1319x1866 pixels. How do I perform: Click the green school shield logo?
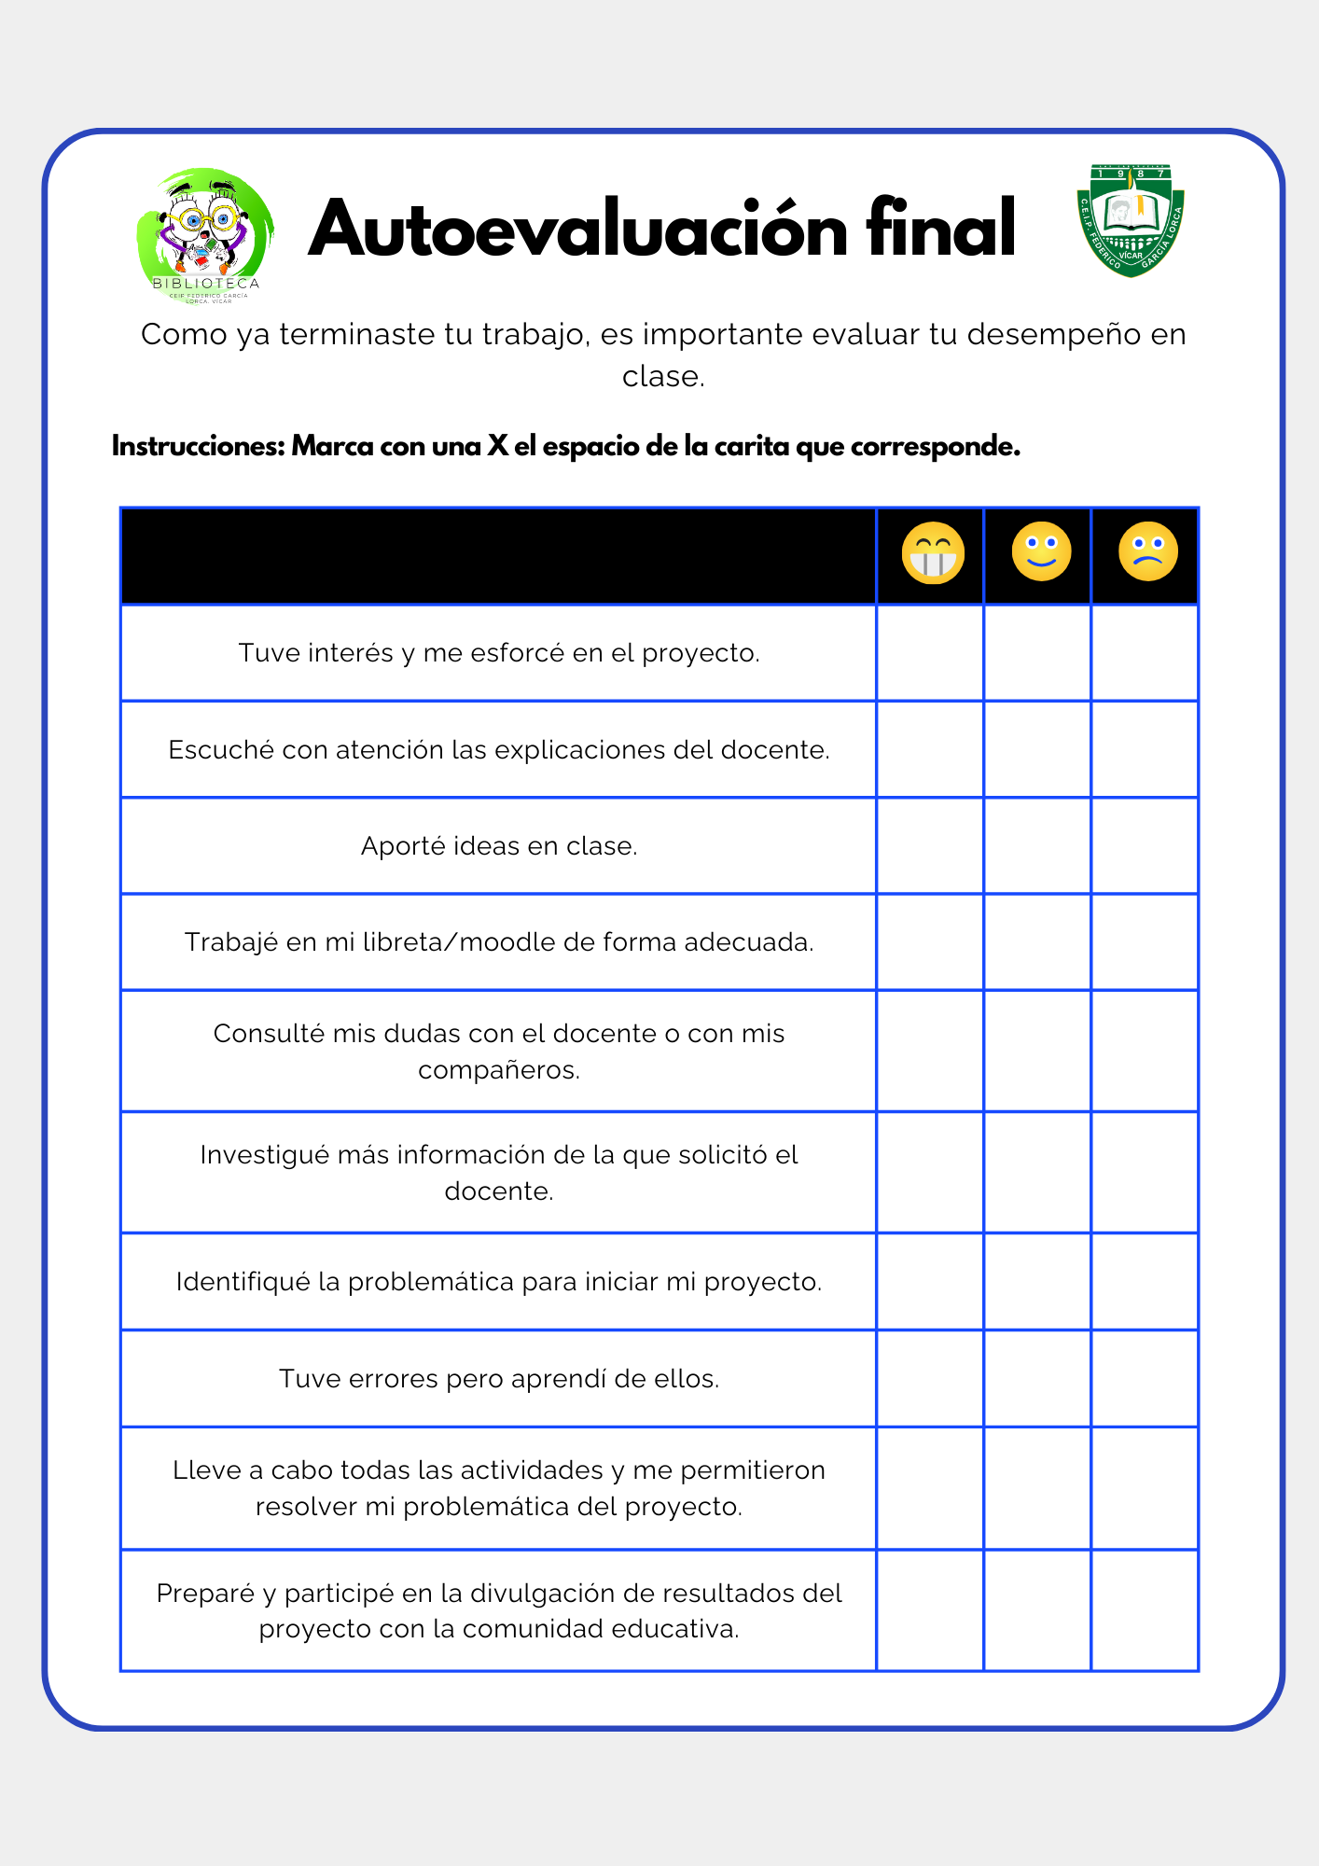[1131, 220]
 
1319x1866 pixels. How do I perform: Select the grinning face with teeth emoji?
[932, 553]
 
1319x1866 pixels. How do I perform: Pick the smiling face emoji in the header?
[1041, 551]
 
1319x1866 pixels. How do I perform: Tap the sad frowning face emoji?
[1147, 551]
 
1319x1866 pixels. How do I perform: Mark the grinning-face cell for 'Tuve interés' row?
[930, 653]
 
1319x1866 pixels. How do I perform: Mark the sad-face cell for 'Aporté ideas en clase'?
[1145, 846]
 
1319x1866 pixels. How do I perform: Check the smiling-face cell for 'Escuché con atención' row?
[1037, 749]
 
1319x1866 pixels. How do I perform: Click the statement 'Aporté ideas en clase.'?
[499, 846]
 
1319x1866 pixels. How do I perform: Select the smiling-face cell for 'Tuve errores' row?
[1037, 1378]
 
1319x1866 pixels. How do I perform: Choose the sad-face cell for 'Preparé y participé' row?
[1145, 1610]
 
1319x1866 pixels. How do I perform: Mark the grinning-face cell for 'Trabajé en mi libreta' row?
[930, 942]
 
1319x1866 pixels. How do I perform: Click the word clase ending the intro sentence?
[661, 377]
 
